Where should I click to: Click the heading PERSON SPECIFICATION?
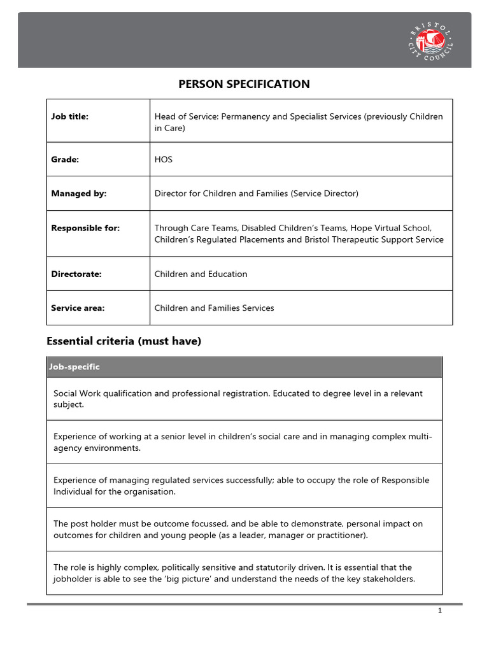tap(244, 84)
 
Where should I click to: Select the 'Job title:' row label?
tap(69, 117)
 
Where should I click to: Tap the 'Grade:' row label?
tap(65, 160)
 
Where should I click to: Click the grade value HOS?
tap(164, 160)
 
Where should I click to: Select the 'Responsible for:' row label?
tap(85, 228)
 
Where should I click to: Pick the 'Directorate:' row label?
tap(76, 274)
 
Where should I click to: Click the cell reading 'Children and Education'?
tap(201, 274)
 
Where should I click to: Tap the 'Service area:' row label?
tap(78, 308)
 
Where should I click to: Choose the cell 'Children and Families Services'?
tap(214, 308)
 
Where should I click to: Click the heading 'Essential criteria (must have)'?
tap(124, 341)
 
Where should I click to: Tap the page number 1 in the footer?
tap(439, 611)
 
